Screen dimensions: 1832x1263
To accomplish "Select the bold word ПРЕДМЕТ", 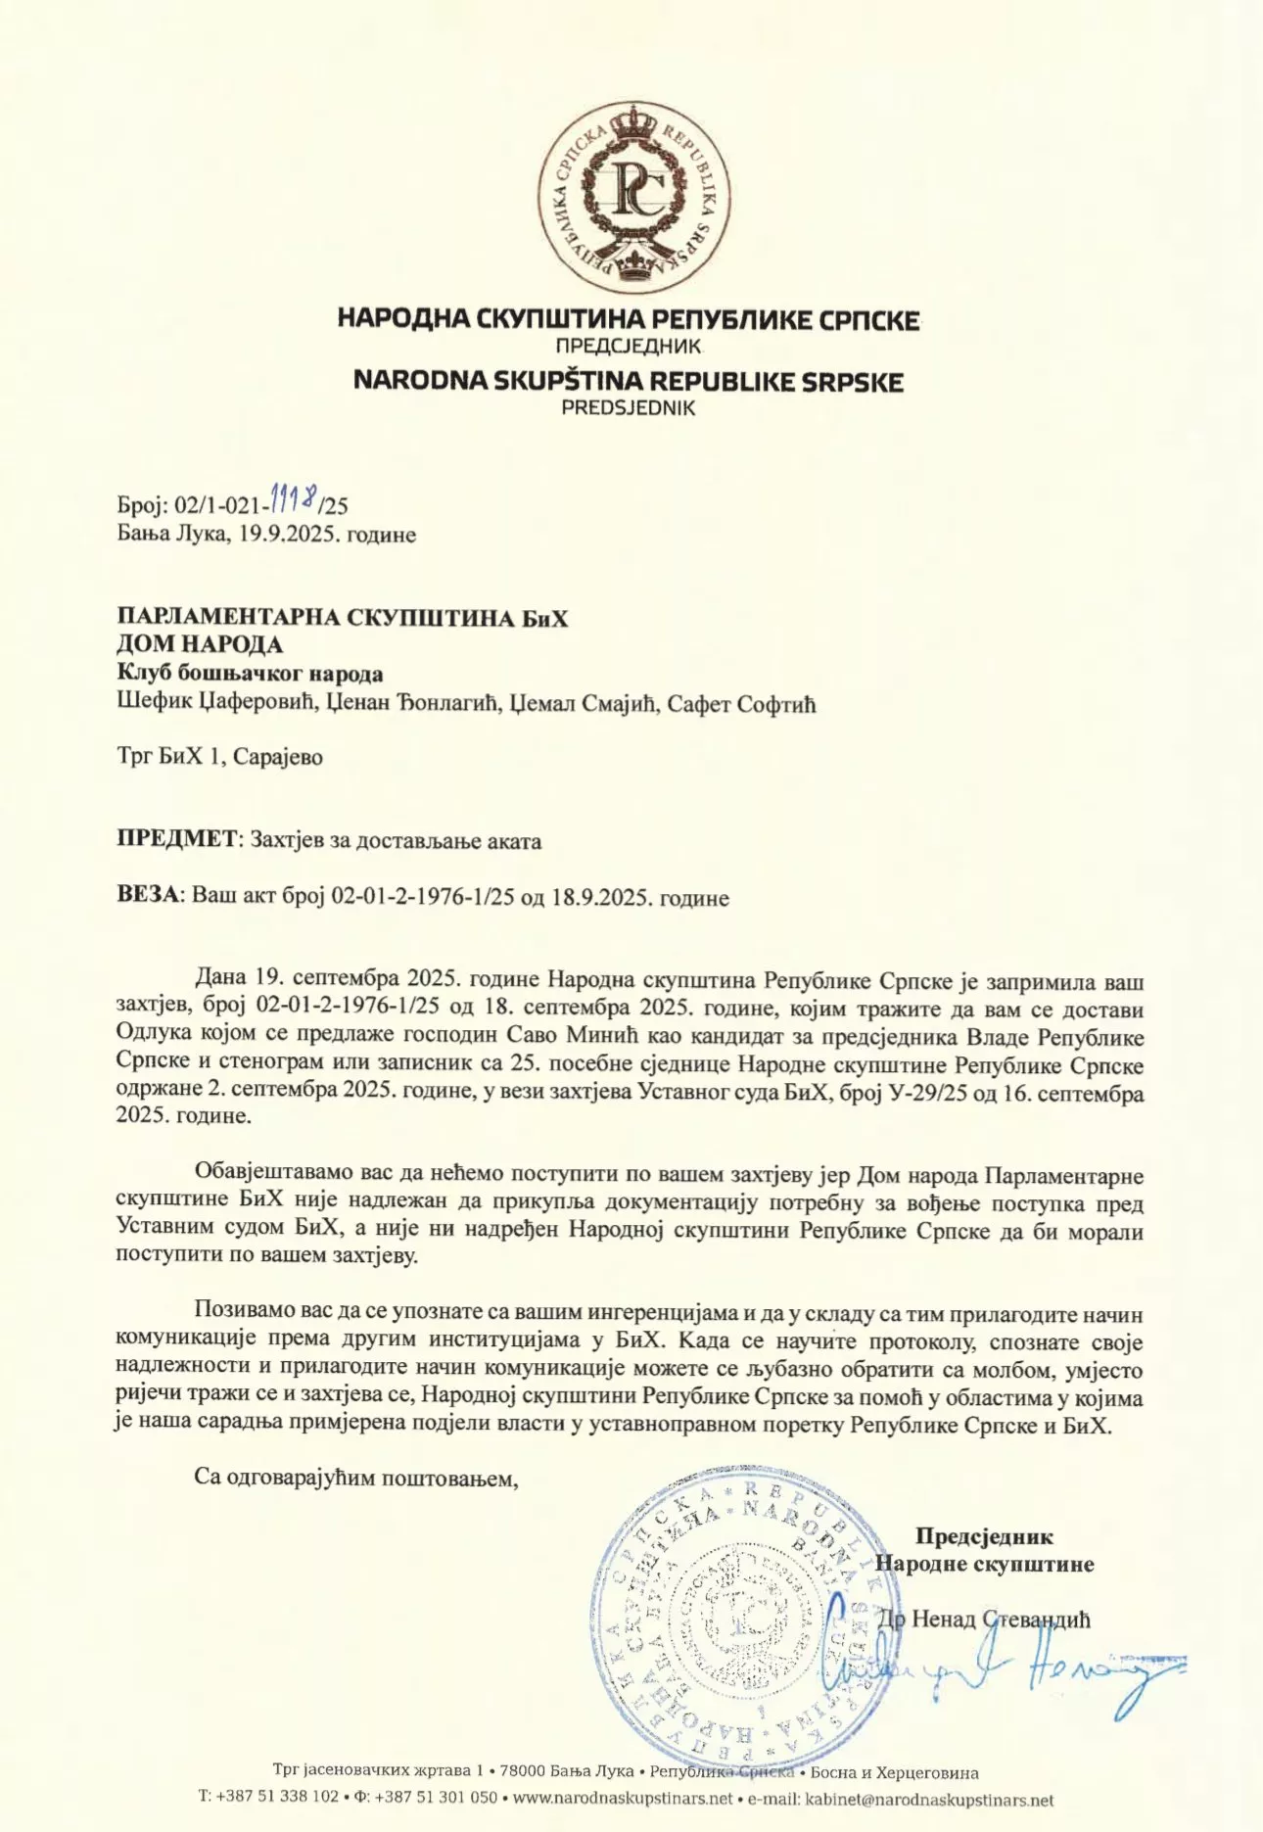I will (x=176, y=839).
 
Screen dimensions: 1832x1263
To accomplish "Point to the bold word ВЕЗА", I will (x=148, y=896).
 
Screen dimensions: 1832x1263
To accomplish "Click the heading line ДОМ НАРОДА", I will (x=200, y=644).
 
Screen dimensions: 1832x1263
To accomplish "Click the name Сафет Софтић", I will (x=741, y=703).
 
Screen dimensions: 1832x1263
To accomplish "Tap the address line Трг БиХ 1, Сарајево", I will (x=219, y=757).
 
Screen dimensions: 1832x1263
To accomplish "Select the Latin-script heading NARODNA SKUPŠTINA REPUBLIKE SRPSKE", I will (x=628, y=381).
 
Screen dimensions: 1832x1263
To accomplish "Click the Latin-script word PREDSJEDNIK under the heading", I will (x=628, y=408).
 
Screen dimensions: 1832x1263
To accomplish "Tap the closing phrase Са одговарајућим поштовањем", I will (x=355, y=1477).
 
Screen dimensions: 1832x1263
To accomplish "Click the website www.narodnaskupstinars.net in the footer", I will (x=623, y=1799).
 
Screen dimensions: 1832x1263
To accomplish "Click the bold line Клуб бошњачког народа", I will (x=250, y=674).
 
